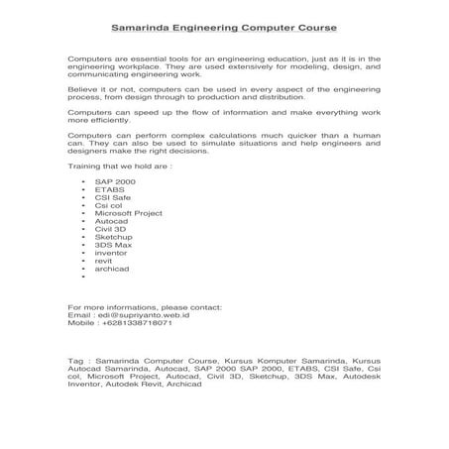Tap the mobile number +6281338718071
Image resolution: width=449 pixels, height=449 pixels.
point(136,323)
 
